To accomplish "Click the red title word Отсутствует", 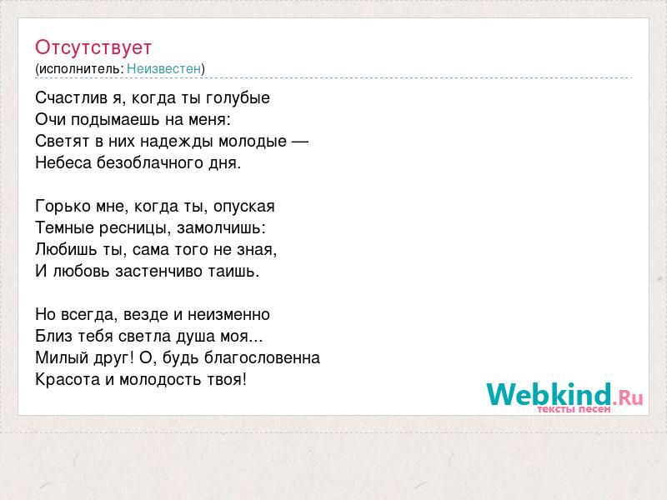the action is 93,47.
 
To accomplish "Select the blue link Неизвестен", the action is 163,68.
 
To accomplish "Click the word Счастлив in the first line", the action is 71,97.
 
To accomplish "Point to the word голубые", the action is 238,98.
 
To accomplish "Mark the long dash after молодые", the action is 300,141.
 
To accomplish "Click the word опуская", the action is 244,207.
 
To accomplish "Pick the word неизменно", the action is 228,315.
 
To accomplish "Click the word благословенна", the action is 262,358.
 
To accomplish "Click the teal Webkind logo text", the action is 549,393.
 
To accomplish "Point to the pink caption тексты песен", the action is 574,409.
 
